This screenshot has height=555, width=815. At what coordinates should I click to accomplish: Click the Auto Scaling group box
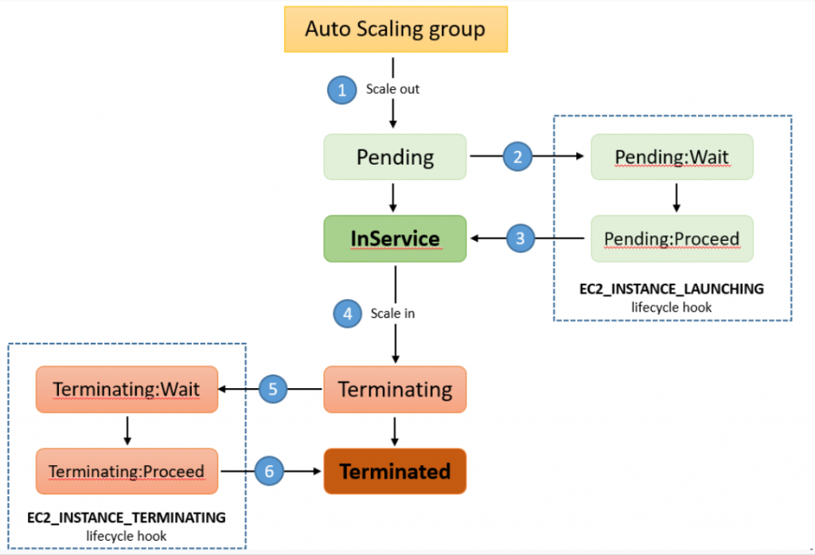pyautogui.click(x=396, y=29)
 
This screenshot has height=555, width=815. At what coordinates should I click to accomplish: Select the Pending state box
pyautogui.click(x=395, y=157)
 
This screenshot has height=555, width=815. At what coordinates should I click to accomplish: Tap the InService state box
pyautogui.click(x=395, y=238)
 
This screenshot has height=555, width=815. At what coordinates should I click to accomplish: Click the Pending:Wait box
pyautogui.click(x=672, y=157)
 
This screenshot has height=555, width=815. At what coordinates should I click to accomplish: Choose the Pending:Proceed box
pyautogui.click(x=672, y=238)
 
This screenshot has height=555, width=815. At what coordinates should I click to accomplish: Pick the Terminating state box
pyautogui.click(x=395, y=389)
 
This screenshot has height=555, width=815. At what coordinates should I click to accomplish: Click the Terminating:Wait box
pyautogui.click(x=127, y=389)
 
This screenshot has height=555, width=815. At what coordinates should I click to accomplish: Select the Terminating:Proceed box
pyautogui.click(x=127, y=471)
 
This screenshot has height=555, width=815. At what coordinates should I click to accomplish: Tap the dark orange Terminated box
pyautogui.click(x=395, y=471)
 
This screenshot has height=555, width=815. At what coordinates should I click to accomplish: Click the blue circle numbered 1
pyautogui.click(x=342, y=90)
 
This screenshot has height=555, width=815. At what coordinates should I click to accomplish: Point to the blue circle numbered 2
pyautogui.click(x=517, y=157)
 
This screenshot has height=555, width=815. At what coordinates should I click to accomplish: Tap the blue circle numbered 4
pyautogui.click(x=347, y=313)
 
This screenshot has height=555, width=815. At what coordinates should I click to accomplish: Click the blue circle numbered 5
pyautogui.click(x=272, y=389)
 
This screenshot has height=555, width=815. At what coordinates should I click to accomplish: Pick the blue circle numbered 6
pyautogui.click(x=269, y=471)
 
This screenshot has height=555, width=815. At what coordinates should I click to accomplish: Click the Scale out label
pyautogui.click(x=392, y=89)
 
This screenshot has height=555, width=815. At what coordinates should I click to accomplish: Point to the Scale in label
pyautogui.click(x=392, y=313)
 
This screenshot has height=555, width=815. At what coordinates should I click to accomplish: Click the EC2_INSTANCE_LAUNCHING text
pyautogui.click(x=672, y=289)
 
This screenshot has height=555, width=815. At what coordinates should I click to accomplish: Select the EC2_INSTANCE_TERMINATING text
pyautogui.click(x=127, y=518)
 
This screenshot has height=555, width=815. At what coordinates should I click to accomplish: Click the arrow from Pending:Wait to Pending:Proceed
pyautogui.click(x=676, y=196)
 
